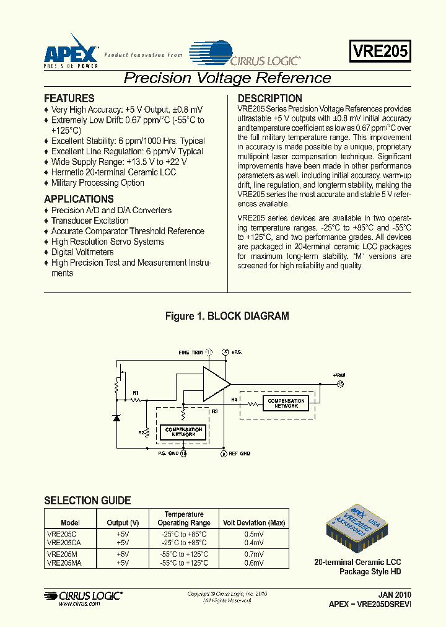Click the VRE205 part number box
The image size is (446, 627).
[x=380, y=51]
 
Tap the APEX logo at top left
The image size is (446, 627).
[x=71, y=50]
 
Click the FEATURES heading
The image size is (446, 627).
[x=69, y=99]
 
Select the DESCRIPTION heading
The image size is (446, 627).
[x=270, y=99]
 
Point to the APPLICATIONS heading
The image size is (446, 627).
[x=79, y=199]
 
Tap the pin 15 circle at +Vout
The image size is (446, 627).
[x=339, y=384]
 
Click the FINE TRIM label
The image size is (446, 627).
[x=190, y=353]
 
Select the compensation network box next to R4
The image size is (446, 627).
[x=286, y=403]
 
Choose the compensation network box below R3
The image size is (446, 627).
[x=183, y=432]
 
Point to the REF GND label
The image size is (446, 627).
[x=240, y=454]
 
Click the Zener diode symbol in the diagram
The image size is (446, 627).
[x=116, y=418]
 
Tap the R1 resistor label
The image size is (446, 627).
[x=136, y=393]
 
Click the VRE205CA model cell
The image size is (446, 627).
[x=59, y=541]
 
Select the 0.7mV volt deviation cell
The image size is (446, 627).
[x=253, y=555]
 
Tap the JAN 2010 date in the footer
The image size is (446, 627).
[x=394, y=594]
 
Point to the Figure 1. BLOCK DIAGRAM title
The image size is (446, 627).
[x=227, y=317]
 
